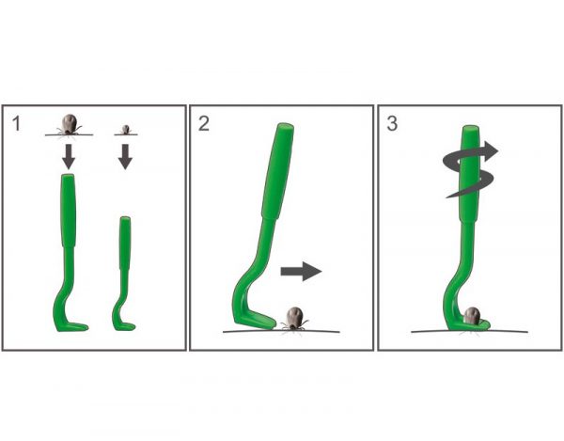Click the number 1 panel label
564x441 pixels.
[x=17, y=123]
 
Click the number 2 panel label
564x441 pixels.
[x=204, y=123]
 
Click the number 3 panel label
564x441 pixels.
[x=392, y=123]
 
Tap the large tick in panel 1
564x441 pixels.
[x=69, y=124]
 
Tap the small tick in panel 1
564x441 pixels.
[x=126, y=130]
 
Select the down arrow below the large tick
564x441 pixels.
[x=69, y=156]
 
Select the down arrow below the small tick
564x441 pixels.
[x=125, y=156]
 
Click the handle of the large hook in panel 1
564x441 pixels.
[x=69, y=211]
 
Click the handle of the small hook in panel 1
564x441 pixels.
[x=125, y=243]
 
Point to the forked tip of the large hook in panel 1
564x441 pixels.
[x=81, y=326]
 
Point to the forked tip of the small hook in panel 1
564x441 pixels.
[x=130, y=326]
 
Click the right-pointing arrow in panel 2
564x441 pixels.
[x=301, y=271]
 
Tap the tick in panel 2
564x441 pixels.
[x=295, y=319]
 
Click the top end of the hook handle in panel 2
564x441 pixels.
[x=285, y=127]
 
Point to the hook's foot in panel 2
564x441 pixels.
[x=256, y=320]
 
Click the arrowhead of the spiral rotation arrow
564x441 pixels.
[x=491, y=150]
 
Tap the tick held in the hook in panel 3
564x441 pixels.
[x=472, y=316]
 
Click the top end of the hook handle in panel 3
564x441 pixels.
[x=471, y=129]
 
